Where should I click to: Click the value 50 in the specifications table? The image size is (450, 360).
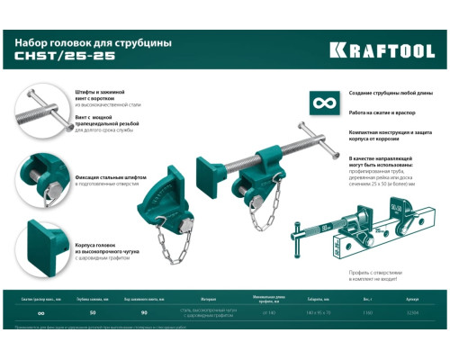pyautogui.click(x=93, y=312)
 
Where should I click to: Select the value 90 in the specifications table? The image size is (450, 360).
pyautogui.click(x=144, y=312)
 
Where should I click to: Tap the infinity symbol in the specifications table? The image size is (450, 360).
pyautogui.click(x=41, y=312)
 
